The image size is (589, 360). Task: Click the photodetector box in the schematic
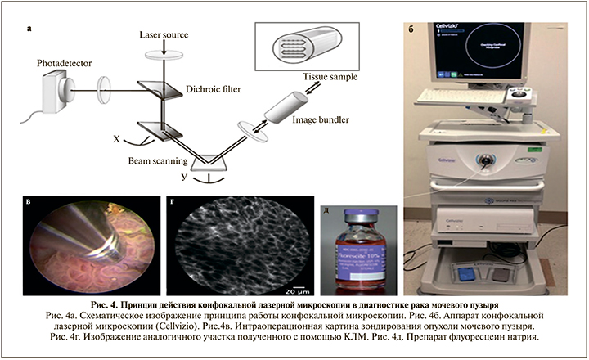56,87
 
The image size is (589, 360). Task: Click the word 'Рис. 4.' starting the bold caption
122,305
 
